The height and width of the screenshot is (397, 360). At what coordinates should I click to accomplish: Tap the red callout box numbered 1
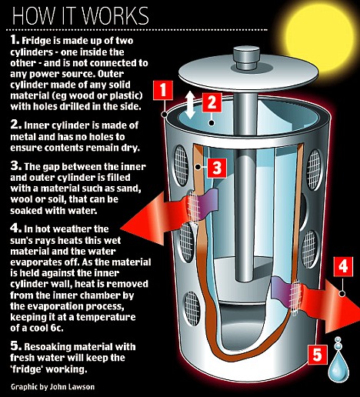(x=163, y=90)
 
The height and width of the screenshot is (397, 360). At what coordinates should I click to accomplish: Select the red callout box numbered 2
(x=212, y=102)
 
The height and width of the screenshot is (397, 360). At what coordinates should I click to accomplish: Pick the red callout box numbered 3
(x=217, y=168)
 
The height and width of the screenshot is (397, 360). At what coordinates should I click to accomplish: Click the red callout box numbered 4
(x=343, y=266)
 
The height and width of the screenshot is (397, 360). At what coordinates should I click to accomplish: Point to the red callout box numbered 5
(x=318, y=355)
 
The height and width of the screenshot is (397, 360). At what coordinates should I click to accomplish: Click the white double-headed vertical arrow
(x=189, y=105)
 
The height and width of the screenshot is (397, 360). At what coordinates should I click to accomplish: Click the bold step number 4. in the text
(x=16, y=228)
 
